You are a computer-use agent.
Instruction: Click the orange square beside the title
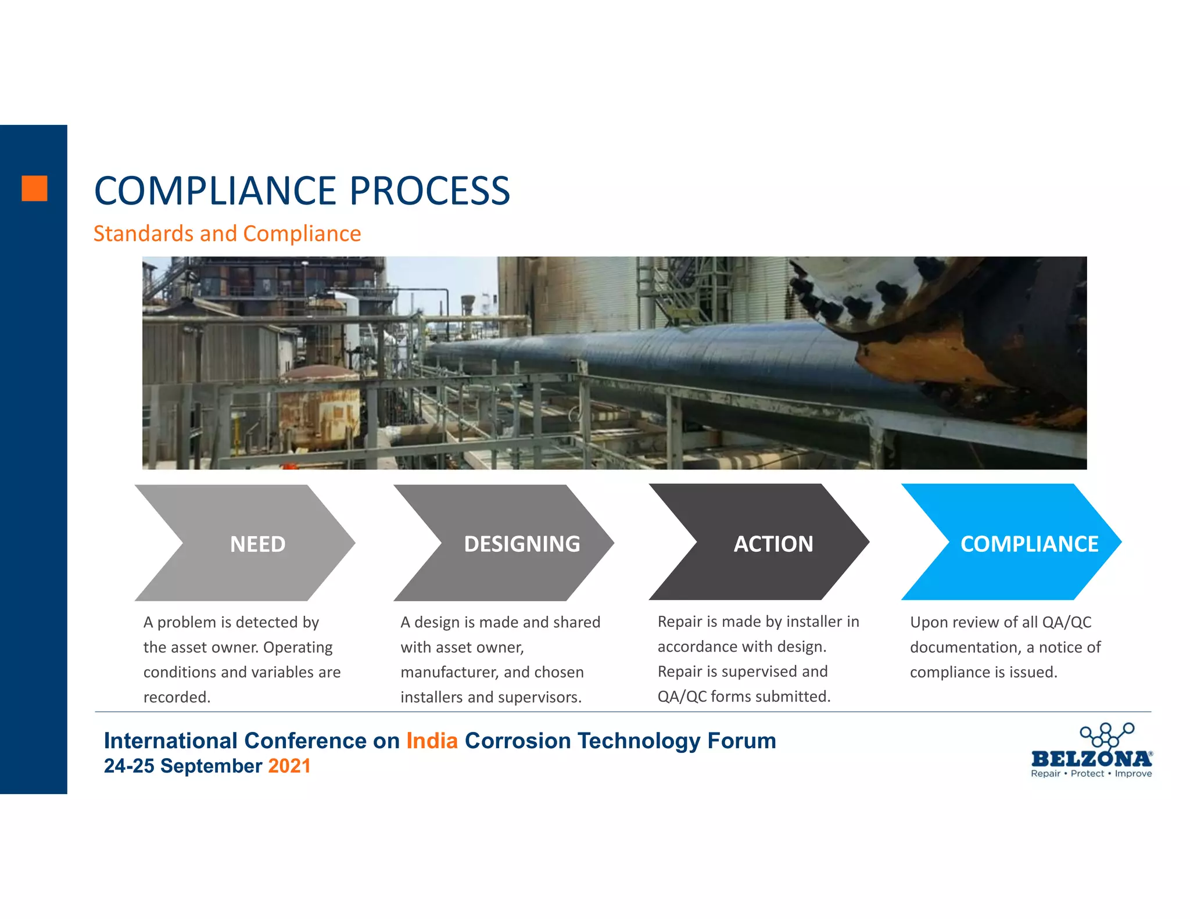pos(34,188)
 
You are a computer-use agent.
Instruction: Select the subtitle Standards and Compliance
pos(227,234)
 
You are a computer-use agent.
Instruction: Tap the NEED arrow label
pos(257,544)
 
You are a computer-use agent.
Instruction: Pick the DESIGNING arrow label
pos(521,544)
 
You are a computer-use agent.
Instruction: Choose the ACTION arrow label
pos(773,544)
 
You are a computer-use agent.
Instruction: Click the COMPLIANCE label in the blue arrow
pos(1028,544)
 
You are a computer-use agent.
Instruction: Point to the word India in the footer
pos(432,741)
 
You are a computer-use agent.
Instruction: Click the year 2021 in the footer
pos(289,766)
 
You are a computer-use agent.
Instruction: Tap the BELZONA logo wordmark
pos(1091,758)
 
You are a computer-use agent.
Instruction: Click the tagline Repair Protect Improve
pos(1091,774)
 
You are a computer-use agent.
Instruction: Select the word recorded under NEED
pos(176,697)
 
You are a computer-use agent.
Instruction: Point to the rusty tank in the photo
pos(322,407)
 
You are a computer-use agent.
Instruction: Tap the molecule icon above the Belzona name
pos(1106,734)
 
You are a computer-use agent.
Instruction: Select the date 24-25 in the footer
pos(129,766)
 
